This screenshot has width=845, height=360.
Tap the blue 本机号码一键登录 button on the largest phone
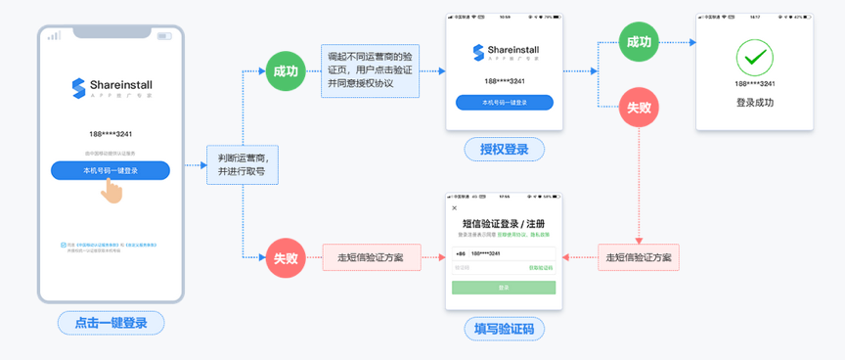(111, 170)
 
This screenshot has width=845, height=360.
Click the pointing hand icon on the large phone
(112, 191)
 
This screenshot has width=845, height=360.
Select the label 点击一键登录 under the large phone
(111, 323)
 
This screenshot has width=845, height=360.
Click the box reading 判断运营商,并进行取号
(242, 164)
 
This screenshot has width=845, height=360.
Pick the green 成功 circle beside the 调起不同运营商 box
(285, 71)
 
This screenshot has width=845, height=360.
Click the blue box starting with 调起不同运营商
(370, 70)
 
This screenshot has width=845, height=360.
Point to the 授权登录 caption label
(504, 149)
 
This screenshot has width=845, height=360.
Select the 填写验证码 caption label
(504, 328)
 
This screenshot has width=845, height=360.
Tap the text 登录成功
(754, 102)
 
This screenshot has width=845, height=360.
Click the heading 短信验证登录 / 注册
(503, 224)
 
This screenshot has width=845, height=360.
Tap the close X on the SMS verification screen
(454, 207)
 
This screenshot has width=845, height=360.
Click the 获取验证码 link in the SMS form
(541, 267)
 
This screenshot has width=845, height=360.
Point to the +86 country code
(460, 253)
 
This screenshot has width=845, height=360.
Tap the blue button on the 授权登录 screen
(504, 103)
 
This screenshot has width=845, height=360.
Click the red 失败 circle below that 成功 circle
(639, 108)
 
